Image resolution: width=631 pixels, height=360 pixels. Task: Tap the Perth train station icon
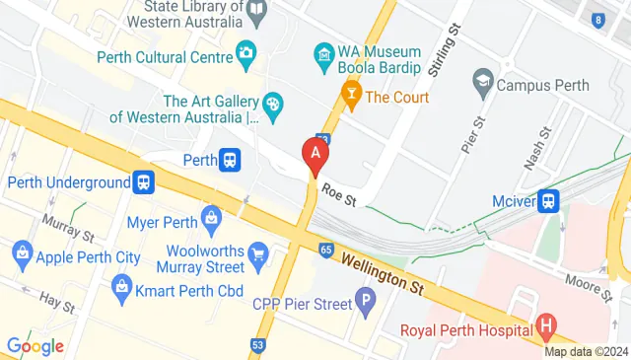(230, 159)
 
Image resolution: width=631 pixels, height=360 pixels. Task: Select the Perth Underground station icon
(144, 181)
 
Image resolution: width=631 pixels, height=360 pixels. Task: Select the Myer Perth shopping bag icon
(211, 216)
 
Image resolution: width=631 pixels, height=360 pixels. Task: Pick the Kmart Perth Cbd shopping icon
(122, 290)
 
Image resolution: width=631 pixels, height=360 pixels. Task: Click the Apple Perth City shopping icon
(22, 257)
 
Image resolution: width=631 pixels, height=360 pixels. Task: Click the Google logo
(35, 345)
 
